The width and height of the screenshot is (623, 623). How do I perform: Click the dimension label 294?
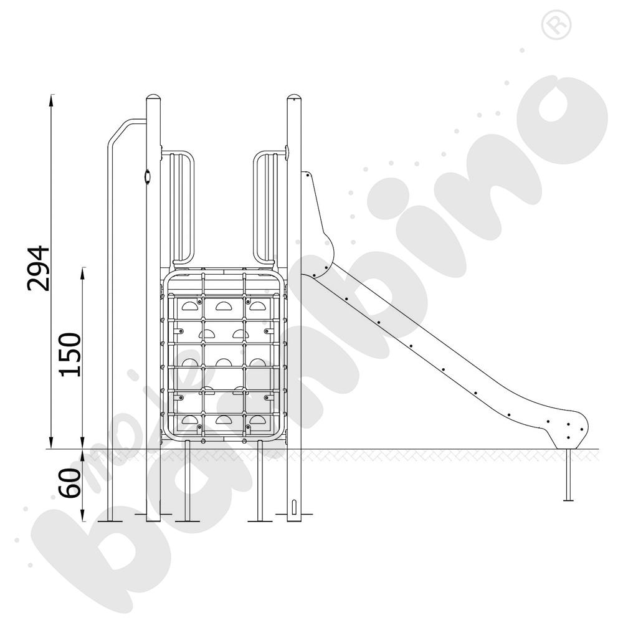click(x=38, y=269)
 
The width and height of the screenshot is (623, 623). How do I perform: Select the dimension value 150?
click(x=70, y=355)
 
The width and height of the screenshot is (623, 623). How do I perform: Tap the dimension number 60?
click(x=70, y=483)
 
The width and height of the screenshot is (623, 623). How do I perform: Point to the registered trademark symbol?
click(x=556, y=25)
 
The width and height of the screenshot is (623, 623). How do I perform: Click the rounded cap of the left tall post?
click(x=154, y=98)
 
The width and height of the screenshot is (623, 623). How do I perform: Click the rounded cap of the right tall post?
click(x=295, y=98)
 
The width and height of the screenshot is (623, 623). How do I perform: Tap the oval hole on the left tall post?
click(x=148, y=176)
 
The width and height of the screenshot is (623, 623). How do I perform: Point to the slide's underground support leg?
click(x=569, y=474)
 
